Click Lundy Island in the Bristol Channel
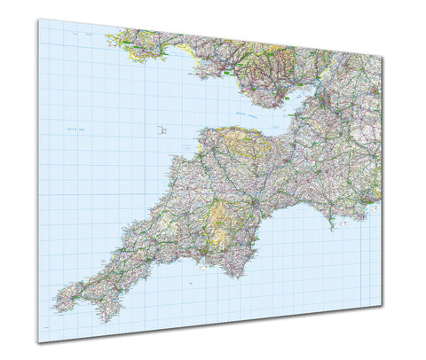162,129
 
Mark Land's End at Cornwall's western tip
56,302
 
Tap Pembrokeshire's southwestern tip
111,42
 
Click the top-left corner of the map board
37,20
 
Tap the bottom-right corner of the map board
383,305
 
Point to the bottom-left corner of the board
38,343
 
